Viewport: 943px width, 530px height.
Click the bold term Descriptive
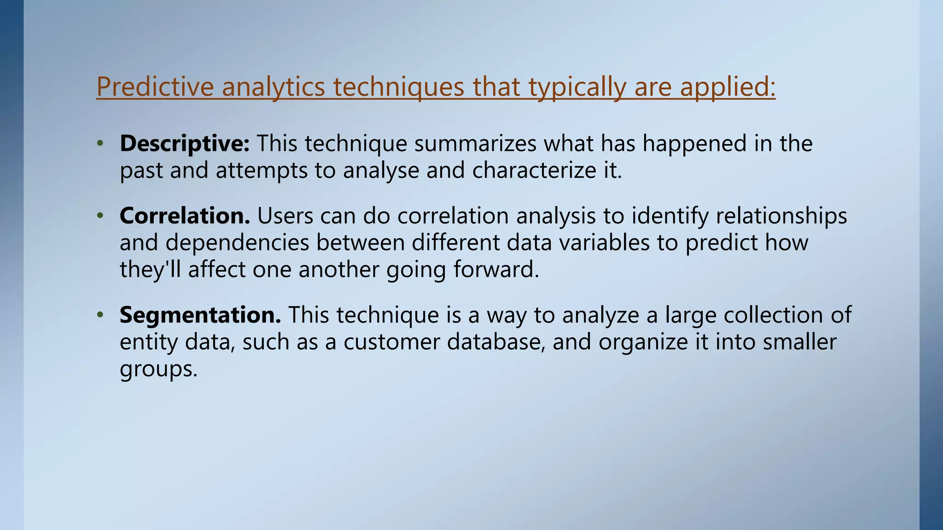pos(185,144)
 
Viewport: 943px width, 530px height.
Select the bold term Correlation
pos(185,215)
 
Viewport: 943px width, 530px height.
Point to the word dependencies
pos(237,242)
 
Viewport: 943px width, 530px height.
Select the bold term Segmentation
pos(200,315)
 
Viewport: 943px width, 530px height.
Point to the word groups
pos(158,369)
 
